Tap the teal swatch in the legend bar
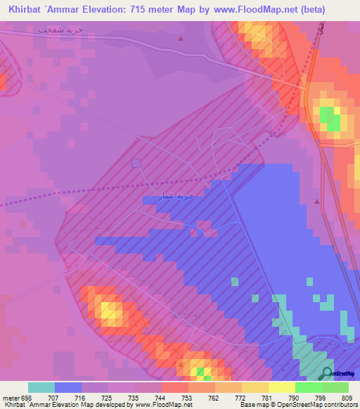[x=41, y=387]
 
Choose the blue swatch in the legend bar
[x=67, y=387]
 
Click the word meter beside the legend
[x=11, y=398]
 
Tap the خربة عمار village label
[x=175, y=195]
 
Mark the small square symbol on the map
[x=136, y=162]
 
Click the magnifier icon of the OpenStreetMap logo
[x=328, y=372]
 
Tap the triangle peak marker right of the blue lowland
[x=317, y=202]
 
